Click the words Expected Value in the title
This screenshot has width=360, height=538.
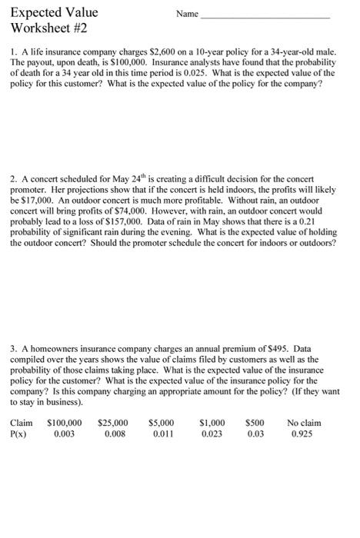click(48, 13)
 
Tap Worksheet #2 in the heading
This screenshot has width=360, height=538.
click(47, 30)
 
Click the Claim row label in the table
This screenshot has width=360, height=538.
click(22, 422)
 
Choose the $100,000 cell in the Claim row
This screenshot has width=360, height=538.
click(65, 422)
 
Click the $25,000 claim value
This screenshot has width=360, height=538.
click(113, 422)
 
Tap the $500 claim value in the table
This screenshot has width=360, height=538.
click(255, 422)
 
